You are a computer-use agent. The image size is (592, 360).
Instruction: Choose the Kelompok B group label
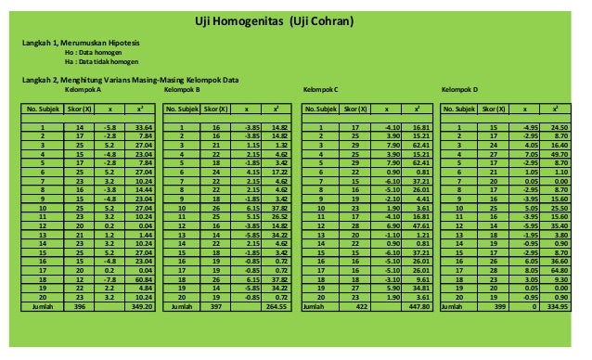(182, 90)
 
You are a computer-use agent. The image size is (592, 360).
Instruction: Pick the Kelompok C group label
(322, 90)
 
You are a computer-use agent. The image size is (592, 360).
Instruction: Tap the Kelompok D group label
(460, 90)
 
